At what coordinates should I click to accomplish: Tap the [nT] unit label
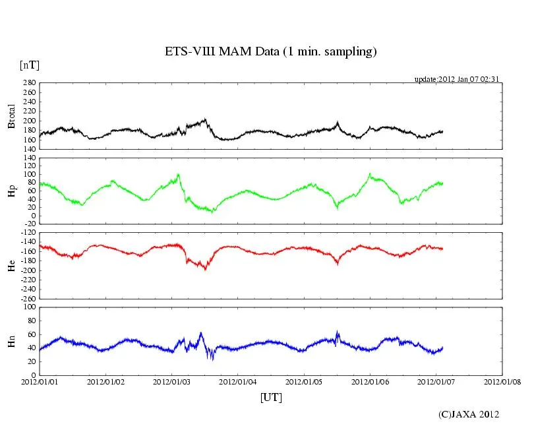(29, 65)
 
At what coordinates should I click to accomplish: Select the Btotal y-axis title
(11, 116)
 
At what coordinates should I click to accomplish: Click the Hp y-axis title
(11, 191)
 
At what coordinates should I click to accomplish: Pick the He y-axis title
(11, 265)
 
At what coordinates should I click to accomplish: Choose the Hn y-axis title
(11, 340)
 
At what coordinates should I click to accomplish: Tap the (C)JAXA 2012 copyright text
(469, 414)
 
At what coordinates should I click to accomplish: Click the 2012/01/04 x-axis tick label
(238, 382)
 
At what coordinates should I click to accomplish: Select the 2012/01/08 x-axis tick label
(503, 382)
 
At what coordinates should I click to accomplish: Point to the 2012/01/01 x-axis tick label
(40, 382)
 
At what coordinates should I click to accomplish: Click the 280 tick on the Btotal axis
(28, 83)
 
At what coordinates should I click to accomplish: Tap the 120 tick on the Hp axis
(28, 158)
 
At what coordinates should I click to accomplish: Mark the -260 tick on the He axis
(27, 298)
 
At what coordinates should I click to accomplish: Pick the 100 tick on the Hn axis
(28, 307)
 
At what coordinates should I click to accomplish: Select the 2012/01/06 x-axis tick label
(371, 382)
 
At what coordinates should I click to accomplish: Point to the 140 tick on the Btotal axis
(28, 149)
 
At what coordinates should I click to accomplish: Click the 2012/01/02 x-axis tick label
(105, 382)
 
